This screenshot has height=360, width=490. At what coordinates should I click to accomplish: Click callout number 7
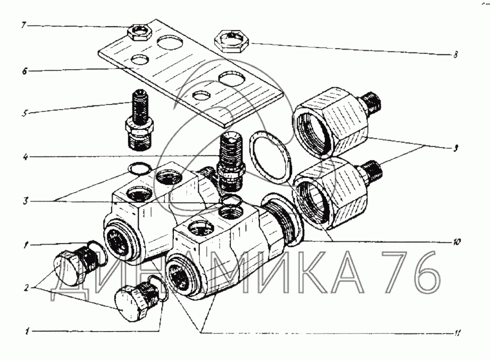24,25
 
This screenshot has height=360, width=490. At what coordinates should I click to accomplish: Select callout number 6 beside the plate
24,71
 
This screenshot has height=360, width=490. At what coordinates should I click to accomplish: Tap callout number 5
24,113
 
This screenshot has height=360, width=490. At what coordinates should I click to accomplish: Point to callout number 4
25,156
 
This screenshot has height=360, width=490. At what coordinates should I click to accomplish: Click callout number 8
455,55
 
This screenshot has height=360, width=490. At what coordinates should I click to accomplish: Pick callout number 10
457,242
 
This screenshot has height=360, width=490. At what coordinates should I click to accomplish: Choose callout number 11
457,334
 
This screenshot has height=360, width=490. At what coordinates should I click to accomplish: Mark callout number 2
26,287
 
